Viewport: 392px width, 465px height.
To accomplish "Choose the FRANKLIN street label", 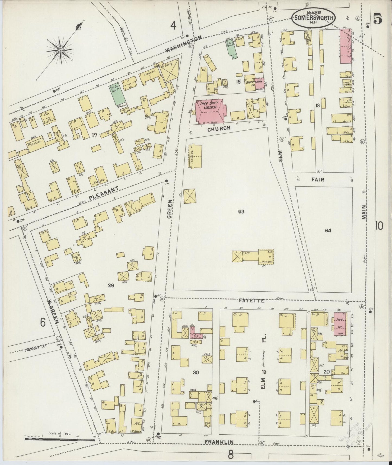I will click(x=223, y=442).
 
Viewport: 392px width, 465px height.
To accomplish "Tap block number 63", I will click(x=241, y=211).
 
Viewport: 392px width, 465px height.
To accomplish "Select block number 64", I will click(x=328, y=230).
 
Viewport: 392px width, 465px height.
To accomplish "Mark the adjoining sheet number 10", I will click(x=379, y=225).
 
